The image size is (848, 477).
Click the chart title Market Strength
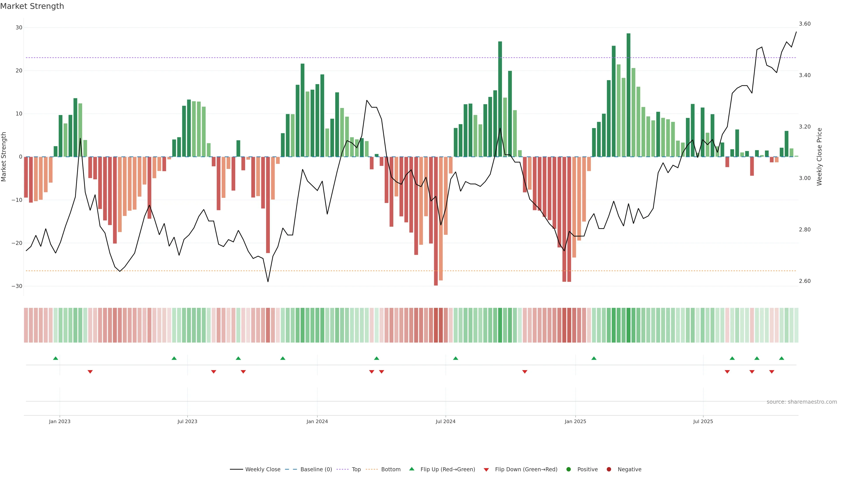click(x=32, y=6)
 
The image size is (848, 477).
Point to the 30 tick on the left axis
click(x=19, y=28)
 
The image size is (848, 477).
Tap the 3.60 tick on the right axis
click(x=804, y=24)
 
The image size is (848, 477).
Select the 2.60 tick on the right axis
click(x=804, y=281)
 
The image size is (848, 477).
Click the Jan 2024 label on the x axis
click(x=317, y=421)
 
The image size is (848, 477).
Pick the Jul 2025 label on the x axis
click(x=703, y=421)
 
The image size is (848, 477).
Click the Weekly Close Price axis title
click(x=819, y=157)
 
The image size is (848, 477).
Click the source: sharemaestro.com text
click(x=802, y=402)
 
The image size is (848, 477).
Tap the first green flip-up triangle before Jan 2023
click(x=56, y=358)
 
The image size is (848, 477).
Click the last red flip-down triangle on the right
click(x=772, y=372)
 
